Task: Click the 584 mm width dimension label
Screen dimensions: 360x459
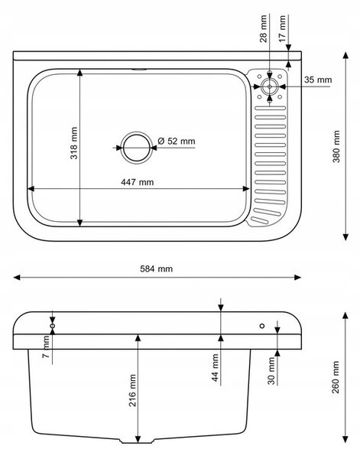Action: click(156, 269)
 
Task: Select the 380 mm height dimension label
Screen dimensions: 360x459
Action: click(336, 146)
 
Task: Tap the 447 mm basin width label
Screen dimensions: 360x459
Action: click(137, 182)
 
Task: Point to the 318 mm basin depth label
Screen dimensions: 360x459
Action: click(73, 143)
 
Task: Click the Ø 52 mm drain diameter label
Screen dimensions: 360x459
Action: click(177, 141)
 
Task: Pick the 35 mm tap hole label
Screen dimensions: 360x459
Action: click(318, 80)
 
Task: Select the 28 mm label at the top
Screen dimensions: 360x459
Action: click(264, 29)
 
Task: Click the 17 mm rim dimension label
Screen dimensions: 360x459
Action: click(282, 29)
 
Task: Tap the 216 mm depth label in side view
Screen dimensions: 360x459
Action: click(132, 390)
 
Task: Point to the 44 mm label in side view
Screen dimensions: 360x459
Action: click(216, 368)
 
